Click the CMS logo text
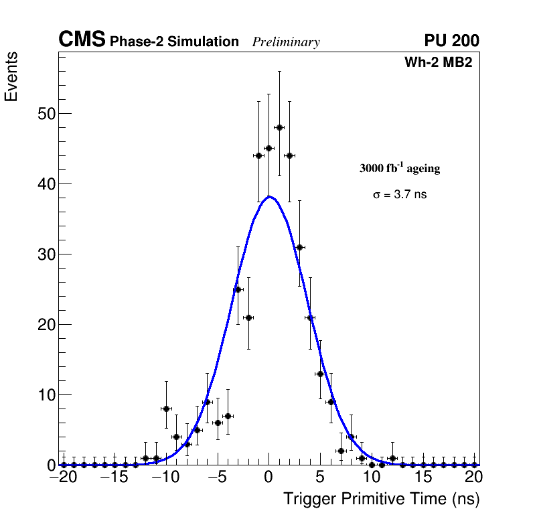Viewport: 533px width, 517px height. click(x=82, y=40)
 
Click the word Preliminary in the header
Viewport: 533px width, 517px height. click(x=286, y=42)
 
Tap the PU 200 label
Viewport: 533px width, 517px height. click(x=451, y=41)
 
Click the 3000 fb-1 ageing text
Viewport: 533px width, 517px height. click(x=400, y=168)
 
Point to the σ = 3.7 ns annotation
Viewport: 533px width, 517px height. click(x=400, y=195)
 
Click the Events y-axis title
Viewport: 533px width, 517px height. click(x=11, y=76)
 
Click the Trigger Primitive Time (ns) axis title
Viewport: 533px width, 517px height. click(x=381, y=499)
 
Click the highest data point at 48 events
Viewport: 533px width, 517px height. click(x=279, y=127)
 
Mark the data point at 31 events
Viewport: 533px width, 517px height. click(x=300, y=247)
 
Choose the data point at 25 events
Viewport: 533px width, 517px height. click(x=238, y=289)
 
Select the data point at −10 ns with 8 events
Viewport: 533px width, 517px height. click(x=166, y=409)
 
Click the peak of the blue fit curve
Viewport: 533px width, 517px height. click(x=269, y=197)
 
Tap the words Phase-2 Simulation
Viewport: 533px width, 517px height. click(x=174, y=42)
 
